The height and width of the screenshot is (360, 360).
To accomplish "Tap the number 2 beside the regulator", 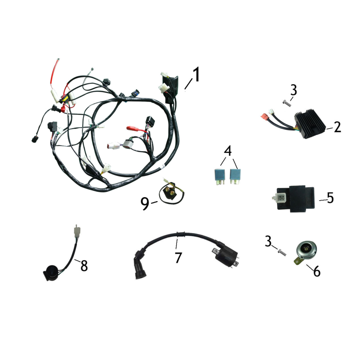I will pos(337,127).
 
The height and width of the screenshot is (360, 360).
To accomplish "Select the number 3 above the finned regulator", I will pos(293,90).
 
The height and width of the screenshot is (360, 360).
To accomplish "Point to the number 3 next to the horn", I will pos(269,243).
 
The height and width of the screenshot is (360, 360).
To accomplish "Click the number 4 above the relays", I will pos(228,150).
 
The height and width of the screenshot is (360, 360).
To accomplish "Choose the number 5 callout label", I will pos(330,198).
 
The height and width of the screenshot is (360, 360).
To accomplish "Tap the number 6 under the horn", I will pos(316,271).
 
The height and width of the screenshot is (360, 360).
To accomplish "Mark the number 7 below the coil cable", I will pos(178,258).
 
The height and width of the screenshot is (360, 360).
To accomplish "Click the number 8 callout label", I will pos(84,265).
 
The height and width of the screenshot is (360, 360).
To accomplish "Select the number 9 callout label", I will pos(144,204).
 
